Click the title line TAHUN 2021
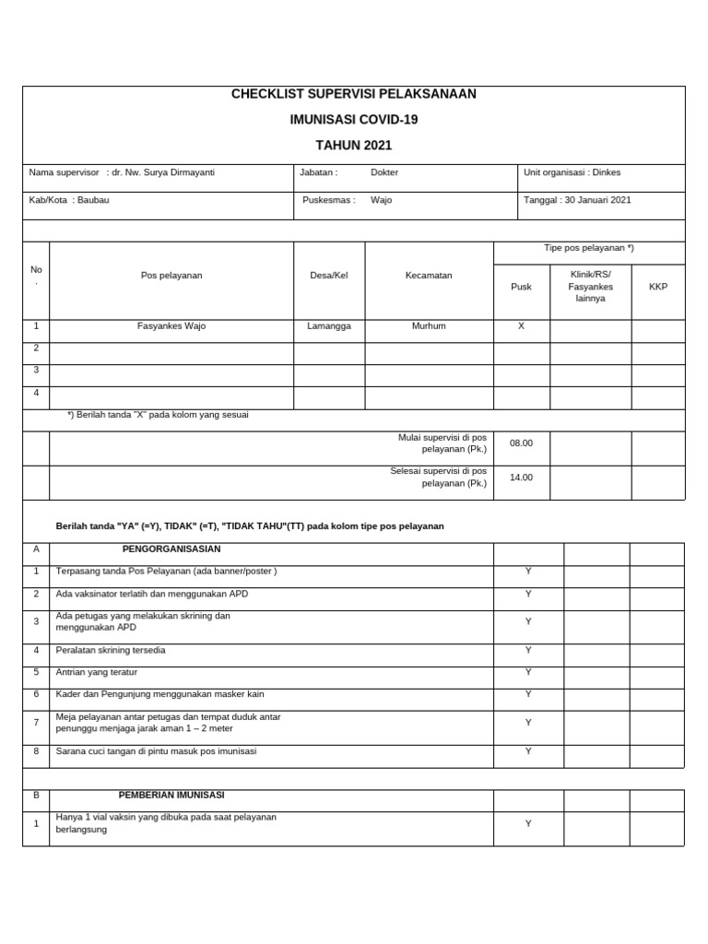click(354, 146)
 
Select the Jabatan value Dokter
click(384, 172)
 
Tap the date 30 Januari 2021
click(596, 200)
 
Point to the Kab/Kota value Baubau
click(93, 200)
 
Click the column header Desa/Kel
click(329, 276)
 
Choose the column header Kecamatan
click(429, 276)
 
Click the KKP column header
click(658, 287)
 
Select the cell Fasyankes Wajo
click(171, 326)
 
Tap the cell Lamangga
click(329, 326)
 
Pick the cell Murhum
click(429, 326)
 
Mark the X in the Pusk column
click(521, 326)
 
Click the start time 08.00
click(521, 443)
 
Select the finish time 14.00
click(521, 478)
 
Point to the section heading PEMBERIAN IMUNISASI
click(171, 795)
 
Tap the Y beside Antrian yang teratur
click(528, 672)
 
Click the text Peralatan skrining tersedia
click(112, 650)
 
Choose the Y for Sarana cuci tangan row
click(528, 751)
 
